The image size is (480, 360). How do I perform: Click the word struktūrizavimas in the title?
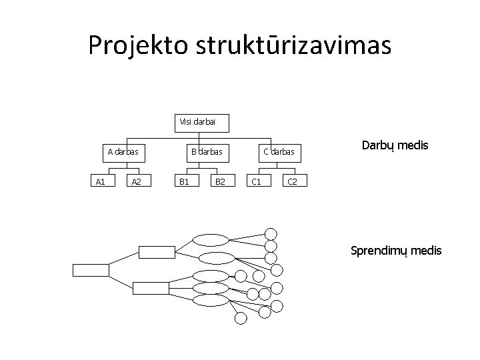pos(294,45)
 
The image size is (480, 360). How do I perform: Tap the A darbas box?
pos(123,152)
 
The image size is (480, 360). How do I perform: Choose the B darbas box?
pos(206,152)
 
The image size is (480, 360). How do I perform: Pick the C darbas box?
pos(279,152)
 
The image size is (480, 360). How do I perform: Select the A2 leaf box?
pos(136,181)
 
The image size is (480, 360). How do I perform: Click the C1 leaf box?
pos(255,181)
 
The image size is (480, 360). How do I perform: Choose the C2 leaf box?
pos(292,181)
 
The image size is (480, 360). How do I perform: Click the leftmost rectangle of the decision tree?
pos(90,270)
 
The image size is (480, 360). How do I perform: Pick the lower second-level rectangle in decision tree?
pos(151,287)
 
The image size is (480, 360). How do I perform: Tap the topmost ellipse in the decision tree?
pos(210,240)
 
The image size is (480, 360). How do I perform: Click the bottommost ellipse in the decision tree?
pos(210,300)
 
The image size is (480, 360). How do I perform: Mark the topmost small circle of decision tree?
pos(271,233)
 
